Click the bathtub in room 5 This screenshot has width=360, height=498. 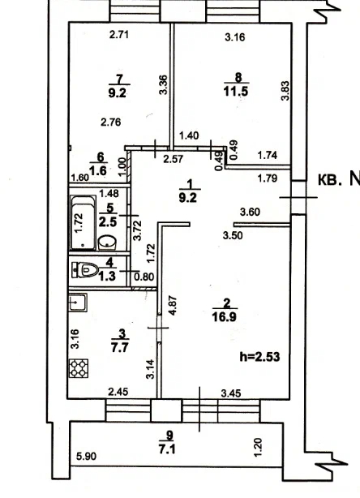tap(83, 222)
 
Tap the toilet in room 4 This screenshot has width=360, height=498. tap(84, 270)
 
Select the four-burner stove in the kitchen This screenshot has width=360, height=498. tap(79, 368)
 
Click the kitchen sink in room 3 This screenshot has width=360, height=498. tap(78, 303)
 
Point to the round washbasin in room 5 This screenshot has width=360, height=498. tap(107, 243)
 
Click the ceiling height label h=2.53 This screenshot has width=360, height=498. tap(259, 357)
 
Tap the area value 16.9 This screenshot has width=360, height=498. tap(225, 316)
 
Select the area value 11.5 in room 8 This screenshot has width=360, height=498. tap(236, 92)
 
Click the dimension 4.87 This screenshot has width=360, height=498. tap(173, 306)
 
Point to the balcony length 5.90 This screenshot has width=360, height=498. tap(86, 457)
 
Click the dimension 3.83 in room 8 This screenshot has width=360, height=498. tap(285, 91)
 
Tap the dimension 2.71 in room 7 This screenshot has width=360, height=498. tap(119, 34)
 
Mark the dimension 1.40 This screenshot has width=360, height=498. tap(189, 135)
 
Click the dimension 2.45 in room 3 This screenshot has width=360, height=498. tap(118, 392)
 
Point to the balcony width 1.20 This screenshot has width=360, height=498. tap(258, 448)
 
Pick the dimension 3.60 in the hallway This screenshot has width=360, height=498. tap(251, 212)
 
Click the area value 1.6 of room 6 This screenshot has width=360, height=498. tap(97, 171)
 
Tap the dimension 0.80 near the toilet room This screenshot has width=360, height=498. tap(144, 277)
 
